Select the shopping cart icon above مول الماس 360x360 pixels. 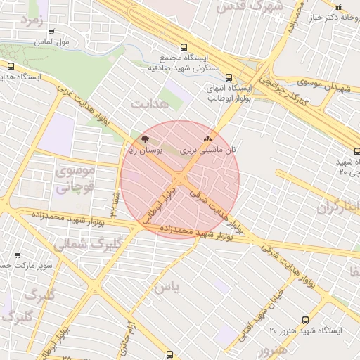51,31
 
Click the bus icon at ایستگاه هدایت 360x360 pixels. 10,66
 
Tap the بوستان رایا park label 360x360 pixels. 146,150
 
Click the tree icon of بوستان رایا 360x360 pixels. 146,139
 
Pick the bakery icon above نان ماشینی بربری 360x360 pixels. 207,139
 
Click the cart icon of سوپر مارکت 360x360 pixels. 18,255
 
